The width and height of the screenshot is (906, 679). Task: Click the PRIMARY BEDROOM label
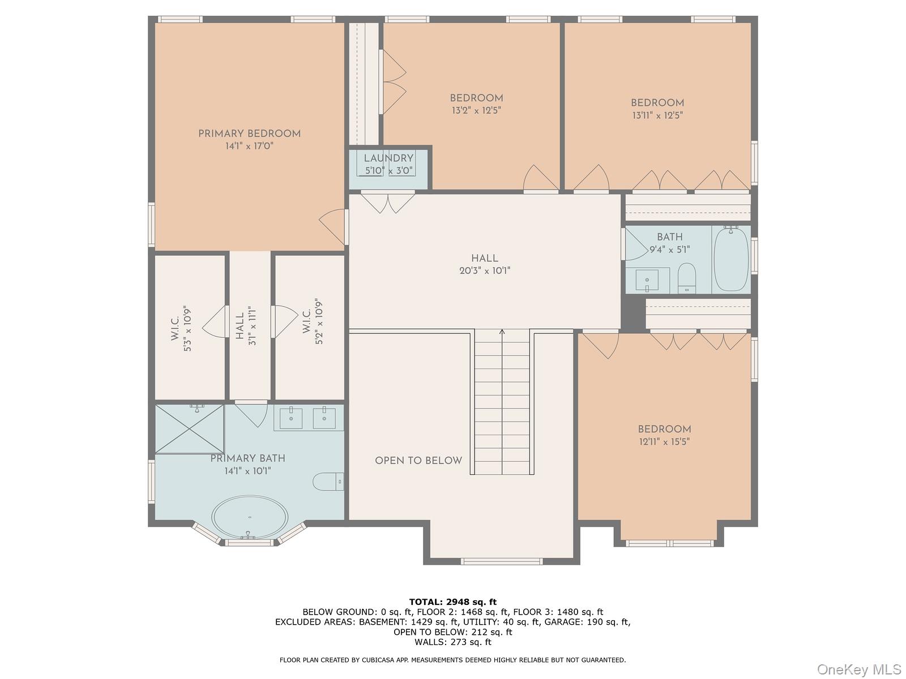point(249,134)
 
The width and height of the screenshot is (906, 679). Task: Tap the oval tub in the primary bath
point(250,517)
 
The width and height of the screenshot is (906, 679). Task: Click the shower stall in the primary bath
point(190,428)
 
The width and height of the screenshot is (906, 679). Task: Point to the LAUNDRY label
point(388,158)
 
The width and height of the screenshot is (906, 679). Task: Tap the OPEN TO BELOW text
point(418,461)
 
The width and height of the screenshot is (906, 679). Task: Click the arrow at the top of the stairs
point(502,333)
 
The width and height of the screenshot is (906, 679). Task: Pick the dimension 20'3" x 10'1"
point(485,271)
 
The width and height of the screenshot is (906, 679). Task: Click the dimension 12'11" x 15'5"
point(664,441)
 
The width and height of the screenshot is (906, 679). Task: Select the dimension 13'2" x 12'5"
point(476,110)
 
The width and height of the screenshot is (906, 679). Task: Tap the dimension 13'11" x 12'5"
point(657,115)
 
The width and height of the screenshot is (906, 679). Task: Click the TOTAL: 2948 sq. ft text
point(452,601)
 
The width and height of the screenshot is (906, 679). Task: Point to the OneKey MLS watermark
point(858,670)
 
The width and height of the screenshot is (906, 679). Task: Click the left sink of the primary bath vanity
point(291,419)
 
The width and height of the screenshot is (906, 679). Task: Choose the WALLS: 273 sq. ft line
point(452,642)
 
